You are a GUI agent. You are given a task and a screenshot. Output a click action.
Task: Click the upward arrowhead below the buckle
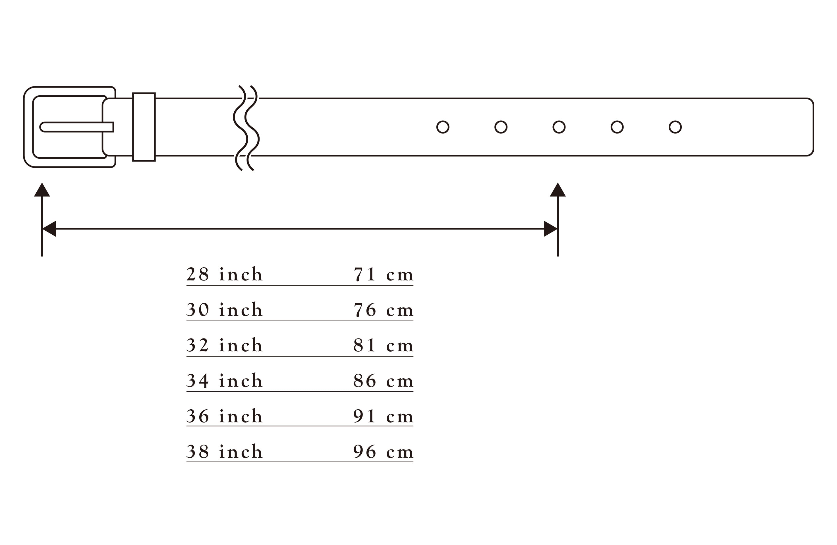pyautogui.click(x=42, y=190)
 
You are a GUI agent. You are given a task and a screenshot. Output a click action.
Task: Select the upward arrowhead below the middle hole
pyautogui.click(x=558, y=190)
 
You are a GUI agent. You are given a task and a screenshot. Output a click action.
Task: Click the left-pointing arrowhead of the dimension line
pyautogui.click(x=49, y=229)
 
